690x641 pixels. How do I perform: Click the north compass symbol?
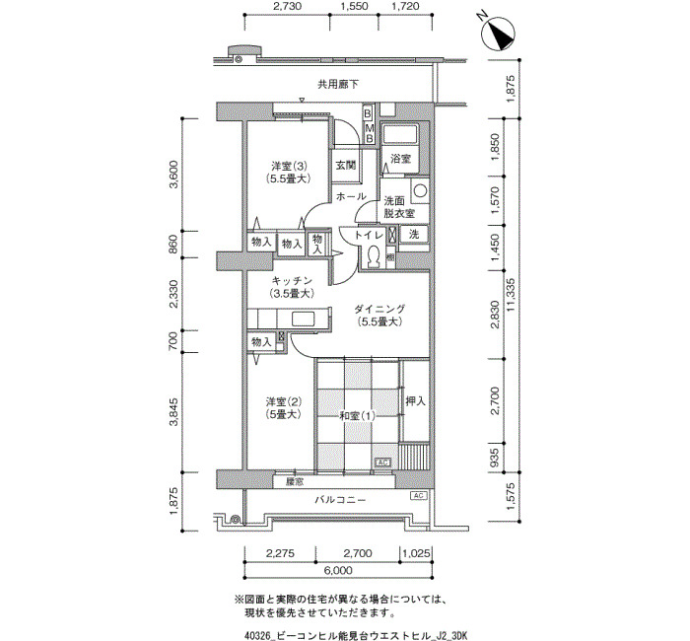pos(499,34)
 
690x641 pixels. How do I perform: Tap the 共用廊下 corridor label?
pos(338,84)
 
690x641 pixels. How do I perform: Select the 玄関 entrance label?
pos(345,165)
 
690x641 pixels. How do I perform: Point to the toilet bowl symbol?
pos(375,254)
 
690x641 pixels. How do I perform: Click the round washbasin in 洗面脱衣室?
pos(420,190)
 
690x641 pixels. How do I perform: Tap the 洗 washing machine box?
pos(414,235)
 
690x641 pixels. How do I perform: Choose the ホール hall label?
pos(351,196)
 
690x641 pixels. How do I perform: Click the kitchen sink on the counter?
pos(304,318)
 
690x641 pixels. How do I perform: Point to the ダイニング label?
pos(379,309)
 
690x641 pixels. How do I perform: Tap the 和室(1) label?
pos(357,415)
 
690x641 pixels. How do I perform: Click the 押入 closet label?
pos(415,401)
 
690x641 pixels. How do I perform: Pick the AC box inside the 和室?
pos(382,463)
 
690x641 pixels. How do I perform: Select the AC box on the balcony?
pos(419,496)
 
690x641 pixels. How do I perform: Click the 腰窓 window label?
pos(295,482)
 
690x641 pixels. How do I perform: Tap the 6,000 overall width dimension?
pos(338,571)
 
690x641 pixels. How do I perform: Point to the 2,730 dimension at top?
pos(288,6)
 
